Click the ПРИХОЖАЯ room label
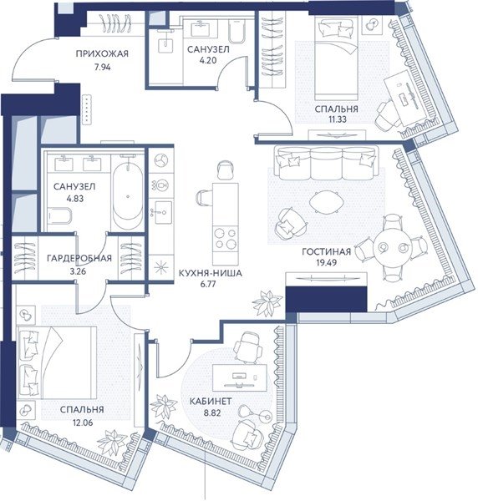point(102,53)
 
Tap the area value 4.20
point(207,60)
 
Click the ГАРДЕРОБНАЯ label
point(79,258)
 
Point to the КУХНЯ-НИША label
point(210,273)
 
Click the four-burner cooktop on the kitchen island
point(226,238)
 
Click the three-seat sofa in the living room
point(326,164)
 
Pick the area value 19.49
point(326,263)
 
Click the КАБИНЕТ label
point(211,402)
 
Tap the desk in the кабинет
point(240,377)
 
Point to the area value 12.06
point(83,423)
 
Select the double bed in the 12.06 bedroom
point(58,362)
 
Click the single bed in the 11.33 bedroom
point(336,58)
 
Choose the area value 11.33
point(338,119)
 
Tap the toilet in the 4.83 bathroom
point(60,217)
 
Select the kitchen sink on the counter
point(161,212)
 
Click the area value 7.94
point(102,67)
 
